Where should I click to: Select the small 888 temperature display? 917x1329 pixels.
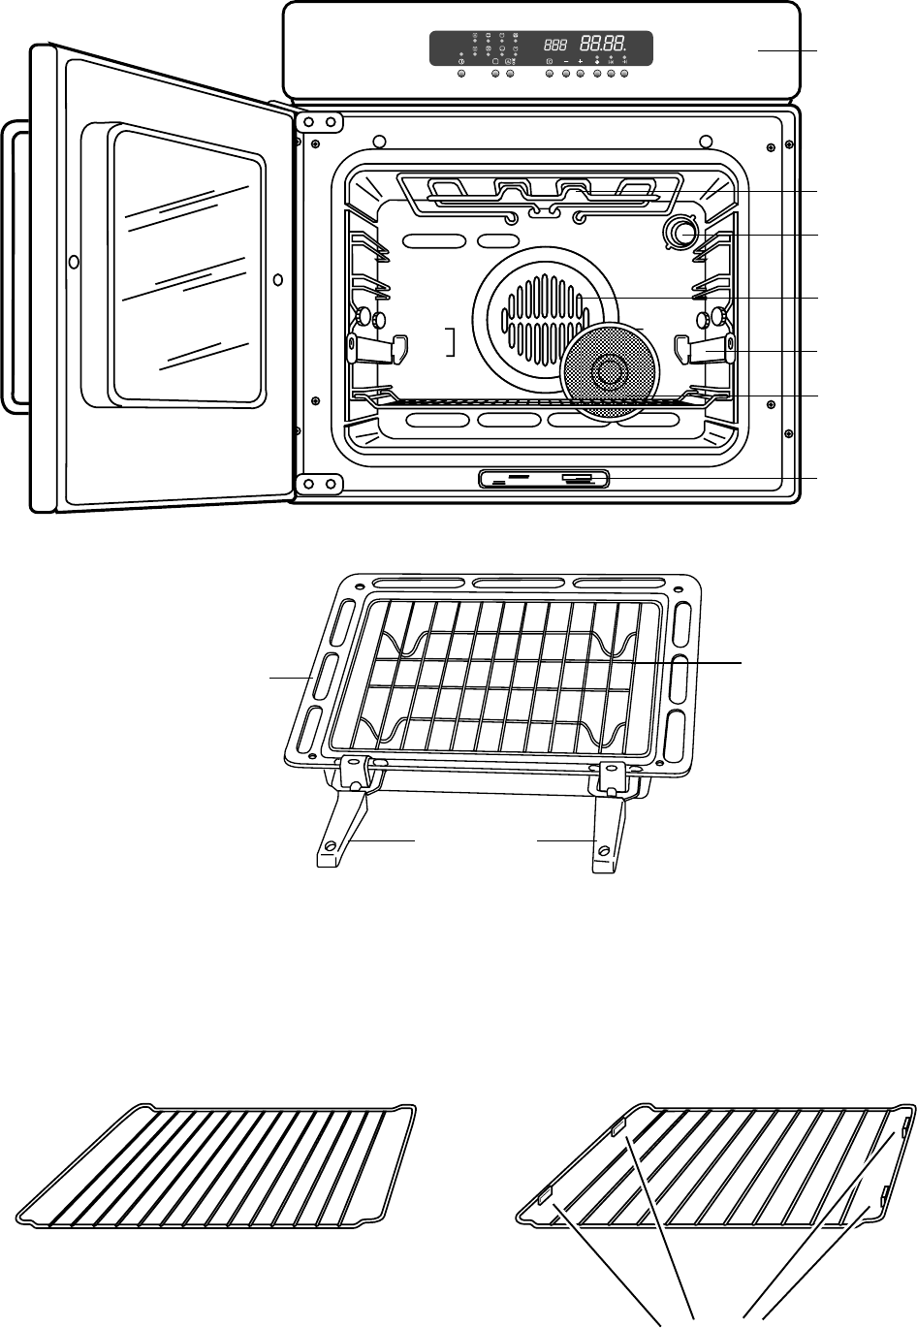(x=555, y=45)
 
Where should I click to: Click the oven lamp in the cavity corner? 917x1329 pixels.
(x=682, y=233)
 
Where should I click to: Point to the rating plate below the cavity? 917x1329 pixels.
(x=544, y=478)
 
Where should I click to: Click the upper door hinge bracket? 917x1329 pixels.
(x=320, y=122)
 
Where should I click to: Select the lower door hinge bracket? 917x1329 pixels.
(x=320, y=483)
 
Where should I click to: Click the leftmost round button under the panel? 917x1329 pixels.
(x=460, y=74)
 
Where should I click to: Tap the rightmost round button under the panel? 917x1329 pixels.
(x=625, y=74)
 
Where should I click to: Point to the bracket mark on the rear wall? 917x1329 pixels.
(x=450, y=342)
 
